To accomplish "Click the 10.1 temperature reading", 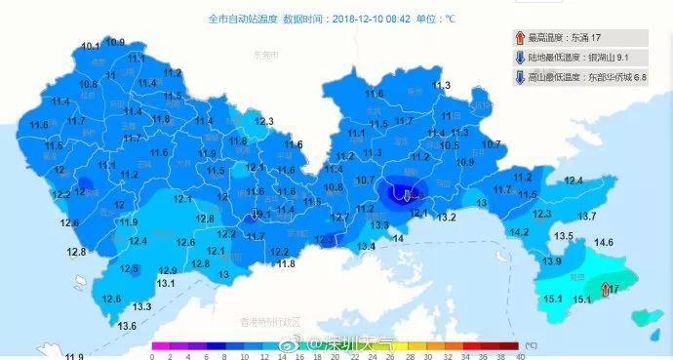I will [x=91, y=46].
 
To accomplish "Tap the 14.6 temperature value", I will [x=604, y=242].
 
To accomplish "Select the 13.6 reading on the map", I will [x=127, y=326].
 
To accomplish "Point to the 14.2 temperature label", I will [x=519, y=232].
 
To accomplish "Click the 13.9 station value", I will [x=552, y=261].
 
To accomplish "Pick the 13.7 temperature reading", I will [x=587, y=216].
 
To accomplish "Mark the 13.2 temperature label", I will [x=447, y=217].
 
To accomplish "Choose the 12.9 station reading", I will [x=168, y=270].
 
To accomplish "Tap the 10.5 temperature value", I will [x=449, y=145].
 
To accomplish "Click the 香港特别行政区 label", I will [x=274, y=321].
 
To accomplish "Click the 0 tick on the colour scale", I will [x=153, y=356].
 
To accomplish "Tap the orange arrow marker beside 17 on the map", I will [x=601, y=288].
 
